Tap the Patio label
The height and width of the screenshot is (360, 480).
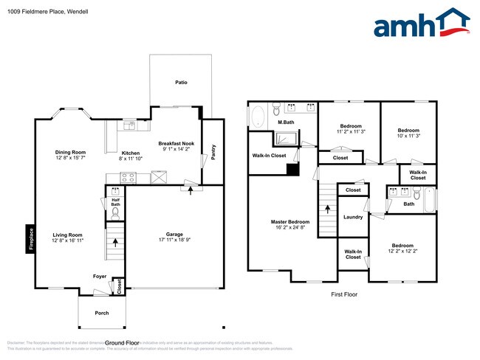181,82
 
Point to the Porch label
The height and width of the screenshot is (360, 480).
102,313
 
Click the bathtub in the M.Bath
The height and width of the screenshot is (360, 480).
258,117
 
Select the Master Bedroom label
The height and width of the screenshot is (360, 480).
289,221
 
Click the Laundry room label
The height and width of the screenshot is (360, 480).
353,217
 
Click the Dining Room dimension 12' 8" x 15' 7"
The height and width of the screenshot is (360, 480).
70,158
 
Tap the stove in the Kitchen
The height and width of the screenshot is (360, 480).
128,177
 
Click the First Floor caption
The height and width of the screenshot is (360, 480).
343,294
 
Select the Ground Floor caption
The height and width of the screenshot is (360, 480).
122,343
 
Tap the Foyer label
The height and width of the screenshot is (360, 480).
99,277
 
